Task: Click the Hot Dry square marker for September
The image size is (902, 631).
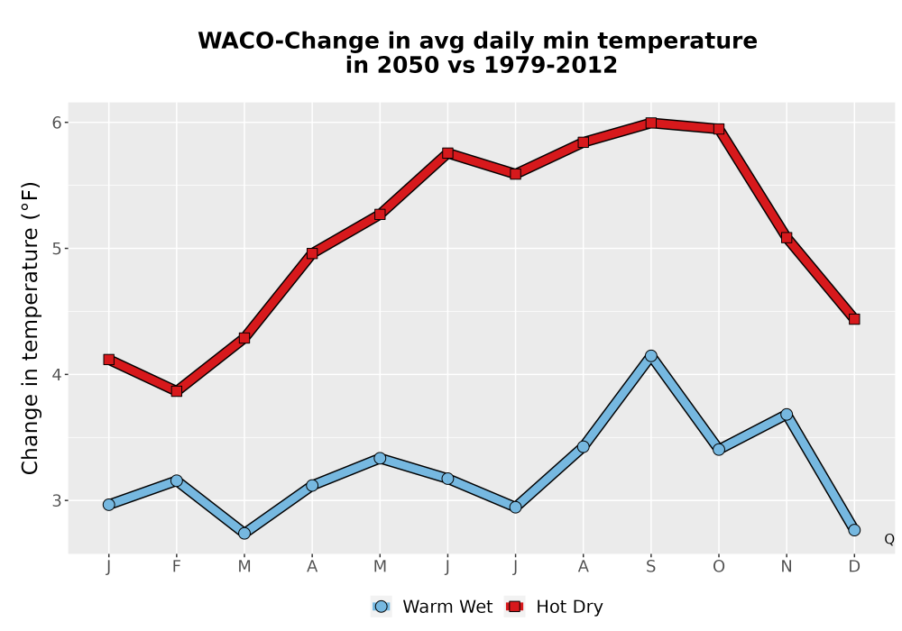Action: pyautogui.click(x=650, y=123)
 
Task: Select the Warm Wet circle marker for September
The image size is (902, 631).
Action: pyautogui.click(x=650, y=356)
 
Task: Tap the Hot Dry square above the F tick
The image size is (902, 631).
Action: pyautogui.click(x=177, y=391)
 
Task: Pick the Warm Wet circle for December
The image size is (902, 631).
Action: pyautogui.click(x=854, y=530)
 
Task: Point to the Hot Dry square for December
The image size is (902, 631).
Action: pyautogui.click(x=854, y=319)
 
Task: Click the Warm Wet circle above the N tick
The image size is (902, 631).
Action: pyautogui.click(x=787, y=415)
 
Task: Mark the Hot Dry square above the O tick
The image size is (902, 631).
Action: pyautogui.click(x=719, y=129)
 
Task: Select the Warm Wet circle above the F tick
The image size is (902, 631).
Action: pyautogui.click(x=177, y=481)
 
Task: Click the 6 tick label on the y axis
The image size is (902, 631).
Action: pyautogui.click(x=56, y=123)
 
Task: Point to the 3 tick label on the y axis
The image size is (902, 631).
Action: pyautogui.click(x=56, y=500)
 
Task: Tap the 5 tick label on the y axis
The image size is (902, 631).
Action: pyautogui.click(x=56, y=249)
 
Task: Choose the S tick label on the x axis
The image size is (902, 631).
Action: pyautogui.click(x=650, y=567)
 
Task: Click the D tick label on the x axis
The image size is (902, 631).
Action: pyautogui.click(x=854, y=567)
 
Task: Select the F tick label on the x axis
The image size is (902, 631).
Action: pyautogui.click(x=177, y=567)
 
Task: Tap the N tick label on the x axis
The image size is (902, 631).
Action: pyautogui.click(x=787, y=567)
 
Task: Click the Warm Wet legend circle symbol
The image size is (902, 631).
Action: pyautogui.click(x=381, y=607)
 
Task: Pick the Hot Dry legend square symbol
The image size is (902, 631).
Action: pyautogui.click(x=515, y=607)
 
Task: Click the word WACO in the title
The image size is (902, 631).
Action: pyautogui.click(x=235, y=41)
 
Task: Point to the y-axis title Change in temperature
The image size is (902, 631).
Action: pyautogui.click(x=30, y=328)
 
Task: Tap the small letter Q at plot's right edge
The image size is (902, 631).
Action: pyautogui.click(x=889, y=539)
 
